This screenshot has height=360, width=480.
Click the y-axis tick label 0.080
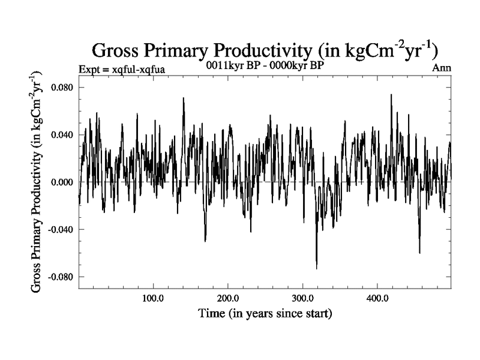click(x=60, y=87)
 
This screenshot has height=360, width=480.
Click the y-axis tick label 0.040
click(x=60, y=134)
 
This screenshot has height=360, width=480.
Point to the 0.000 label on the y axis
click(x=60, y=182)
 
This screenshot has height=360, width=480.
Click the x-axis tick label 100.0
click(x=154, y=298)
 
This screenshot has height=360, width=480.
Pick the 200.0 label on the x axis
click(x=228, y=298)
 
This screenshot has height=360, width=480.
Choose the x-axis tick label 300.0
click(x=302, y=298)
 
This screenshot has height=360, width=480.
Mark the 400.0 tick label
click(x=377, y=298)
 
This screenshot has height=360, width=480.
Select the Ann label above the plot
click(x=442, y=68)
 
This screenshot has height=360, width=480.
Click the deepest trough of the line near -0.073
click(x=316, y=268)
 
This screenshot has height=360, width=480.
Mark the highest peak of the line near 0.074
click(x=391, y=94)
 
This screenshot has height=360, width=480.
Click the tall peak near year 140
click(x=184, y=98)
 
